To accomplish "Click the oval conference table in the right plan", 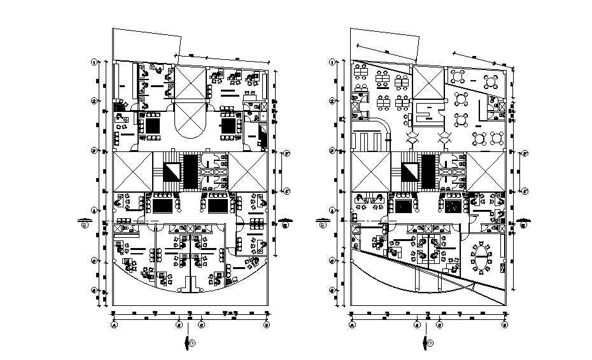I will tap(481, 259).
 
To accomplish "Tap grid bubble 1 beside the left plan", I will tap(94, 62).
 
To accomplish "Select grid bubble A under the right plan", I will tap(351, 324).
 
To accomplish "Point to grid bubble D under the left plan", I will tap(266, 324).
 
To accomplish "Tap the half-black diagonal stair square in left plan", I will tap(172, 172).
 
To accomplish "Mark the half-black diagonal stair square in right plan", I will tap(409, 172).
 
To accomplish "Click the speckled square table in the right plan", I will tap(453, 205).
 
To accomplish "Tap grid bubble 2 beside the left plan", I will tap(94, 100).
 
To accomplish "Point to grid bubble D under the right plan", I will tap(504, 324).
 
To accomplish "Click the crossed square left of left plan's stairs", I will tap(132, 172).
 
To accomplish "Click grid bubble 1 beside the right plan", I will tap(332, 62).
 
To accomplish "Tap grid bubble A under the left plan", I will tap(114, 324).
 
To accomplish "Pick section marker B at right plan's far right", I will tap(524, 223).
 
